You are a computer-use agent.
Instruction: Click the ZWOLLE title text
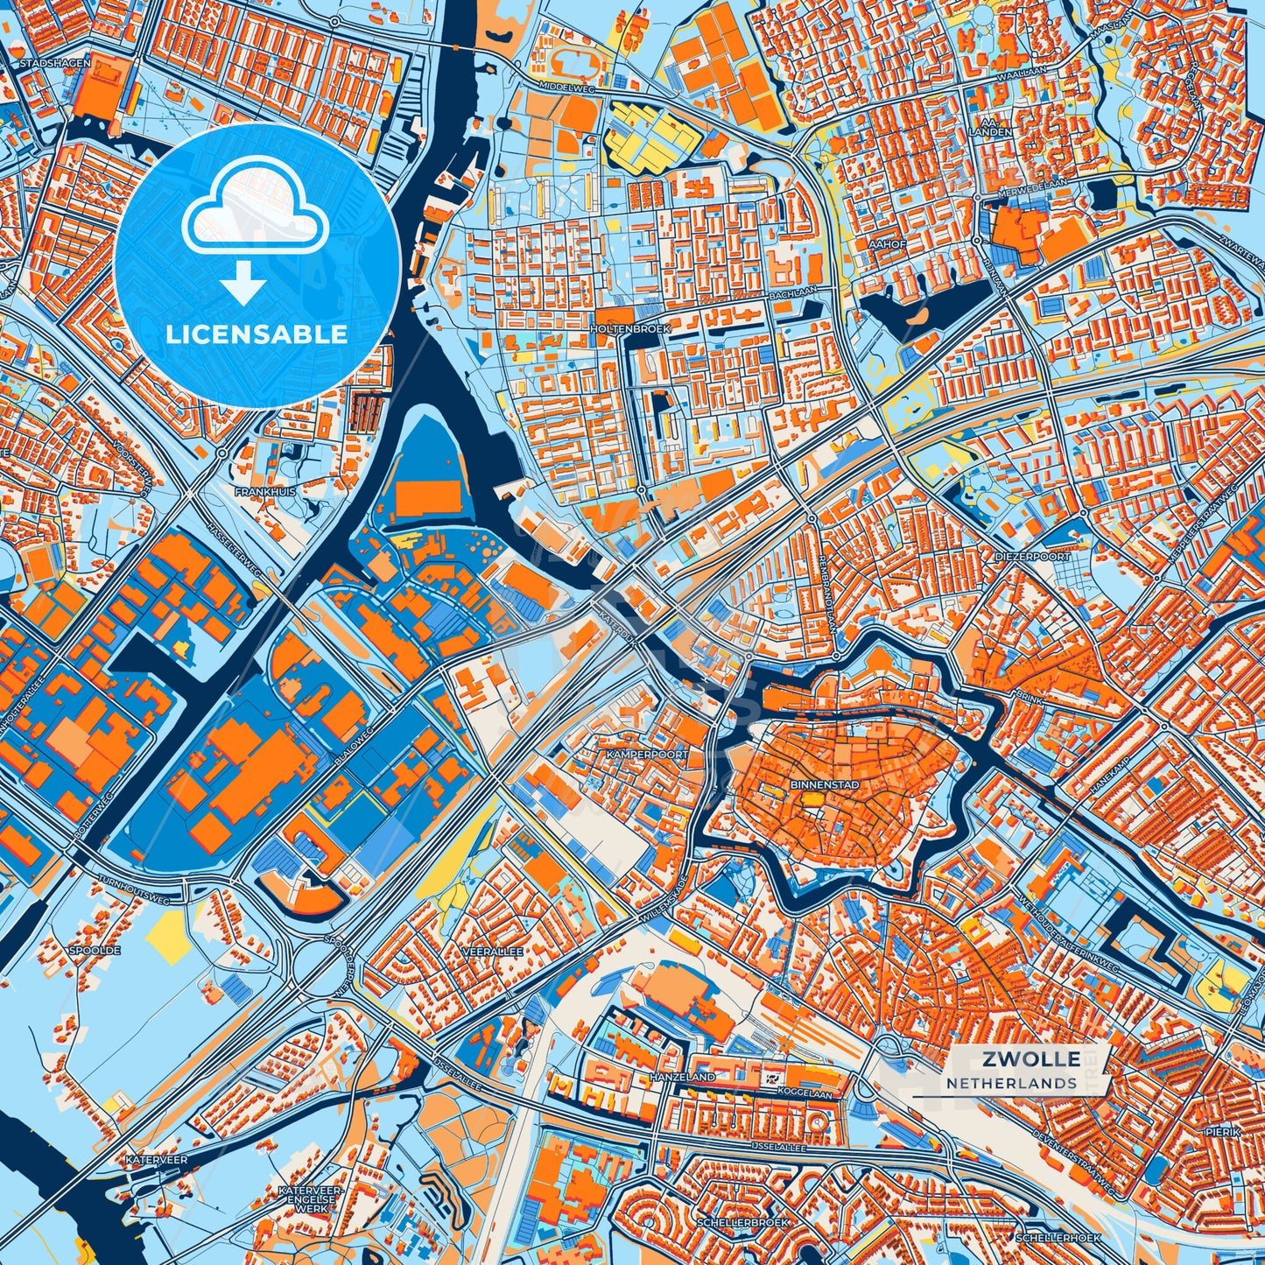point(1030,1059)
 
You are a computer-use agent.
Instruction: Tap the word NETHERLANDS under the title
point(1011,1083)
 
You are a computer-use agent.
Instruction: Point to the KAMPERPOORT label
point(647,754)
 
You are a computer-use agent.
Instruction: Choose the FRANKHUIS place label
point(264,492)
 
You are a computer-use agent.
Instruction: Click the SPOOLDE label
point(94,949)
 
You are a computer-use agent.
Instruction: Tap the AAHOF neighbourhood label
point(888,244)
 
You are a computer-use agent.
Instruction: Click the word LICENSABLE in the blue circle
point(257,334)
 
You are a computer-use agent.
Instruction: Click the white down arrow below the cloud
point(242,287)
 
